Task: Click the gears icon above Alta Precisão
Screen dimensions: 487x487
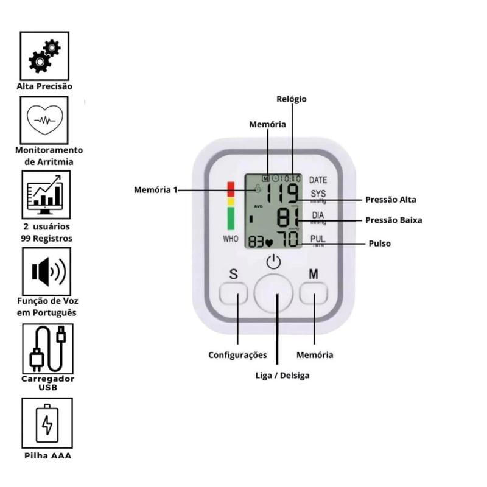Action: pyautogui.click(x=44, y=55)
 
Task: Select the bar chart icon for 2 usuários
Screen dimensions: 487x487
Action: pyautogui.click(x=46, y=194)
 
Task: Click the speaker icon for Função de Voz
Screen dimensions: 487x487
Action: pyautogui.click(x=47, y=271)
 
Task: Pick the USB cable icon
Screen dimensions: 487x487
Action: pyautogui.click(x=47, y=348)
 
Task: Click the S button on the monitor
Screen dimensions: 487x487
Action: pyautogui.click(x=233, y=295)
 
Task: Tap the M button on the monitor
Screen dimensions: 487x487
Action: pyautogui.click(x=314, y=295)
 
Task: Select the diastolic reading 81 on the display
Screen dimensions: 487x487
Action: pyautogui.click(x=288, y=217)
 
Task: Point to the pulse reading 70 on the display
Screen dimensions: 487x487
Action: pyautogui.click(x=287, y=238)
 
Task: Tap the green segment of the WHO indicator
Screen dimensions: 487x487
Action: pyautogui.click(x=231, y=218)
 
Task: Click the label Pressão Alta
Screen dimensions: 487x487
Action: pyautogui.click(x=391, y=199)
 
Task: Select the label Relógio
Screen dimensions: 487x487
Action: pyautogui.click(x=292, y=99)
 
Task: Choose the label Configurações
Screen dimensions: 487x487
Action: pyautogui.click(x=237, y=354)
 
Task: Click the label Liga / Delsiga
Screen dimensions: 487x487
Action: pyautogui.click(x=282, y=375)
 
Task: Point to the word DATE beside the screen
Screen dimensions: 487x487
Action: pyautogui.click(x=318, y=180)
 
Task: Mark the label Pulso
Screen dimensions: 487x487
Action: pyautogui.click(x=380, y=243)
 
